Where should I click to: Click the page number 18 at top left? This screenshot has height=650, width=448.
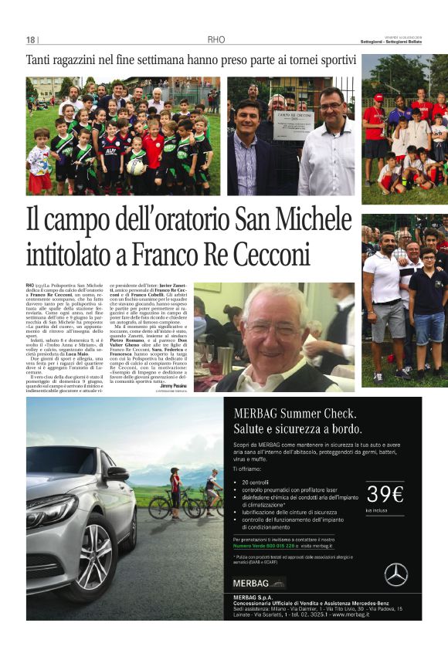[x=30, y=40]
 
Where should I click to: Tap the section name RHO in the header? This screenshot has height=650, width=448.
[x=216, y=40]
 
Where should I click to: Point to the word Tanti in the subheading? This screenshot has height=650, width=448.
[x=41, y=60]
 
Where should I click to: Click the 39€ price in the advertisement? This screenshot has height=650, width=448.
[x=385, y=494]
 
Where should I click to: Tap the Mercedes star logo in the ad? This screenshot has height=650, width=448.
[x=395, y=574]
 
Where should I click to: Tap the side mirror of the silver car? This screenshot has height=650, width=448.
[x=117, y=473]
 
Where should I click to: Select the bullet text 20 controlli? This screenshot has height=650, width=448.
[x=254, y=481]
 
